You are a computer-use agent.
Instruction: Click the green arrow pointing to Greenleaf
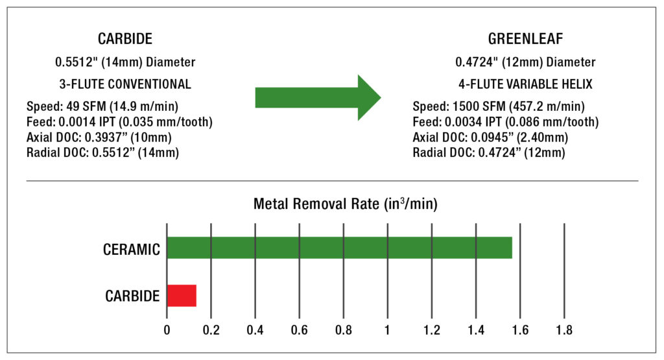coord(318,97)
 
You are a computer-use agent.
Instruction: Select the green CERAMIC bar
coord(339,248)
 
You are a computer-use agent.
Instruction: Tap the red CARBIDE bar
coord(182,296)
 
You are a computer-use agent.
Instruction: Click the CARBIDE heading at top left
coord(125,39)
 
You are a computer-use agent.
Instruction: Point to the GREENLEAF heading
coord(525,39)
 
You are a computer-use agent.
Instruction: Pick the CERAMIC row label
coord(132,250)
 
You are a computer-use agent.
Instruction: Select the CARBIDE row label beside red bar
coord(132,296)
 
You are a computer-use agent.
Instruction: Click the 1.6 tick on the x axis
coord(520,330)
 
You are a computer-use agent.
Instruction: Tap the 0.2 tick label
coord(211,330)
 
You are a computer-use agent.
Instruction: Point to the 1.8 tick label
coord(564,330)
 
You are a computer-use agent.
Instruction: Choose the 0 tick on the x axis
coord(167,330)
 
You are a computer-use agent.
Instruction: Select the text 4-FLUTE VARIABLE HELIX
coord(525,84)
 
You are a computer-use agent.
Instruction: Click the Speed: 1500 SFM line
coord(499,106)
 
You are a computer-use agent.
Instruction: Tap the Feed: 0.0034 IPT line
coord(505,122)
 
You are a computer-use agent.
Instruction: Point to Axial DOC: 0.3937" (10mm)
coord(102,138)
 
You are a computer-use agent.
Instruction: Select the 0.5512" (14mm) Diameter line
coord(125,62)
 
